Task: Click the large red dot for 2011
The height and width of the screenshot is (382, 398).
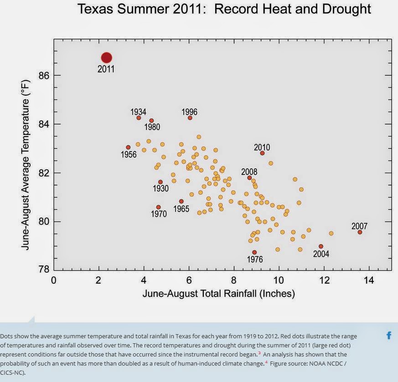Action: click(106, 58)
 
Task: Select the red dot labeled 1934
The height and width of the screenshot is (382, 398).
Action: click(139, 118)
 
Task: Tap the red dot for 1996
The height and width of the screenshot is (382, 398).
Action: click(190, 118)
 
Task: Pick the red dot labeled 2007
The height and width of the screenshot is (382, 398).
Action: click(360, 232)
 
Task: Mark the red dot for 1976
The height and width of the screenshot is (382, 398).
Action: click(254, 252)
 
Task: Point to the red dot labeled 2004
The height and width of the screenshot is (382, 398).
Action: click(321, 246)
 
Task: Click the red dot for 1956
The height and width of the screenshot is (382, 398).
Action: click(128, 148)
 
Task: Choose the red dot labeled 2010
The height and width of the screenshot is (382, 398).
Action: click(262, 153)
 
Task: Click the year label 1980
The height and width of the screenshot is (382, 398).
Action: click(152, 127)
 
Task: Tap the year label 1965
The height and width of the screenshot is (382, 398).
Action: click(181, 209)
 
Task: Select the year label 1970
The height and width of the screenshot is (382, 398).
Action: click(159, 214)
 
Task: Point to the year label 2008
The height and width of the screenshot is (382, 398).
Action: click(249, 172)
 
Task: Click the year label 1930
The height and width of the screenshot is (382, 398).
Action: click(160, 189)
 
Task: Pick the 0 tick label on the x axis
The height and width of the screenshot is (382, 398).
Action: click(54, 280)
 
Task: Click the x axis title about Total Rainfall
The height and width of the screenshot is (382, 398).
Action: click(218, 294)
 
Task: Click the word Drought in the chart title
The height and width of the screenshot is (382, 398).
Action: click(342, 9)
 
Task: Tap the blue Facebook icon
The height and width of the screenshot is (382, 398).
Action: click(389, 336)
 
